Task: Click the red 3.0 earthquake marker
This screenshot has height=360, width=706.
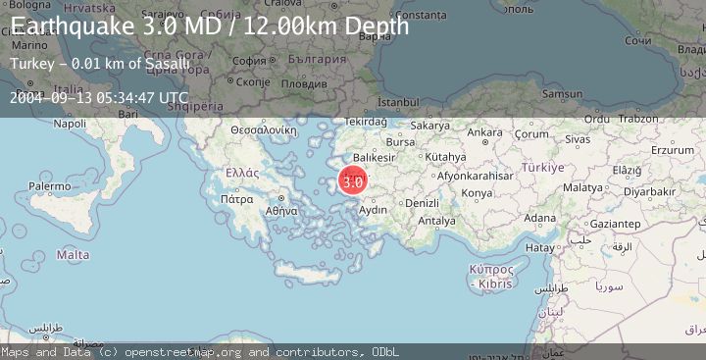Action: pyautogui.click(x=353, y=181)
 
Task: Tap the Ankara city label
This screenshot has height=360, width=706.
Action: pyautogui.click(x=483, y=132)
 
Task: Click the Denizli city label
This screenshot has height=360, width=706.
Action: pyautogui.click(x=422, y=202)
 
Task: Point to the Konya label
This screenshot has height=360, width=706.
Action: pyautogui.click(x=477, y=193)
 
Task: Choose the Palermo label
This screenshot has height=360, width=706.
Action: pyautogui.click(x=49, y=184)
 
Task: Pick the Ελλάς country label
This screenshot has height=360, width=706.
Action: pyautogui.click(x=241, y=172)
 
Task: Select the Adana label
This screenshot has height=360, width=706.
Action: pyautogui.click(x=539, y=218)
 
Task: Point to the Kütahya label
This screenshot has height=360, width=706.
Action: pyautogui.click(x=446, y=156)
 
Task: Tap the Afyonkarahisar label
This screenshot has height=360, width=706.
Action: pyautogui.click(x=476, y=176)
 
